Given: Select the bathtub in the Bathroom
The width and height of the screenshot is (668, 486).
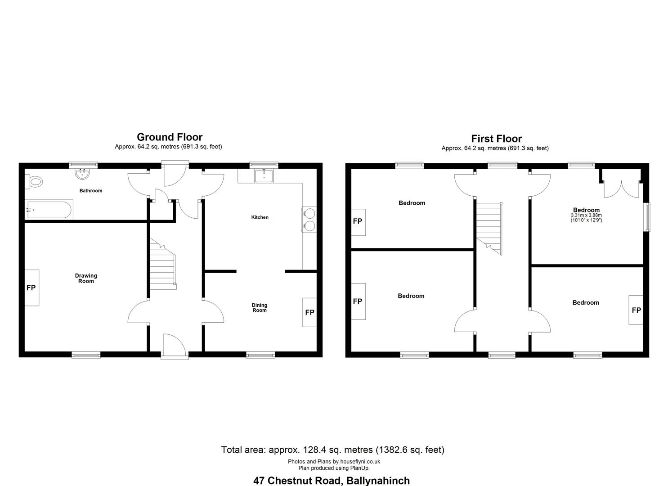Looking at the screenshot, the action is pos(49,210).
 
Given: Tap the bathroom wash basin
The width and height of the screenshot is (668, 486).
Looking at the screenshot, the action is pos(82,174).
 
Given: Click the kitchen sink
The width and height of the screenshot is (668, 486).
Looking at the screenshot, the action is pos(264,175).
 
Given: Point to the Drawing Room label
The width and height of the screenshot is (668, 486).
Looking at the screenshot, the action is pos(86,279).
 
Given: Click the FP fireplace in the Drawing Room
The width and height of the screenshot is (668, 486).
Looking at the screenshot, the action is pos(31,288).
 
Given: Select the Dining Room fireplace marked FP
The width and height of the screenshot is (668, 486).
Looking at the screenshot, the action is pos(309,312).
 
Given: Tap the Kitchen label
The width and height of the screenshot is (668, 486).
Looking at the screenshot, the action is pos(260,217).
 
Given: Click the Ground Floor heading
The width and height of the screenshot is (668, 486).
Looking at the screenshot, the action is pos(170,137).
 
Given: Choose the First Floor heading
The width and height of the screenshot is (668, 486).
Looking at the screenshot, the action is pos(497,139).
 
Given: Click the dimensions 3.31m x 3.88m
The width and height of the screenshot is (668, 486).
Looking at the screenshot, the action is pos(586,215).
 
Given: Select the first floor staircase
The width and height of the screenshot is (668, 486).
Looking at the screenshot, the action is pos(489,229).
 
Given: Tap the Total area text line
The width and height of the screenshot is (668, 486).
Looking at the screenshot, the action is pos(333,450).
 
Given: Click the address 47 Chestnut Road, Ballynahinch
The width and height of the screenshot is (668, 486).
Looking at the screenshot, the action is pos(332,481).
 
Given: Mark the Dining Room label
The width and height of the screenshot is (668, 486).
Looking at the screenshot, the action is pos(260,308).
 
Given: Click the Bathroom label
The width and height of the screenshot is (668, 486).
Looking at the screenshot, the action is pos(91,191).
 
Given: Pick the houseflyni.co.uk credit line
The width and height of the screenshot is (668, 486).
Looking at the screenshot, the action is pos(334,462).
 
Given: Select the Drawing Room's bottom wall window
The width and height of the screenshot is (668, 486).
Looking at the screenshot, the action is pos(86,355).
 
